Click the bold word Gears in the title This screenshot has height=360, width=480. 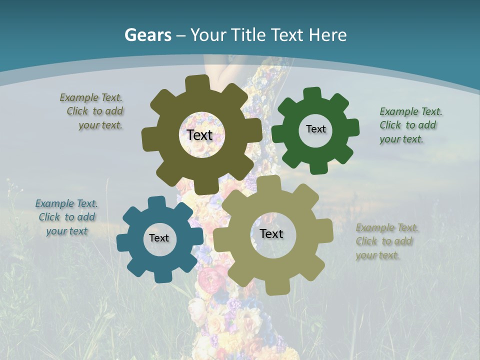(x=147, y=35)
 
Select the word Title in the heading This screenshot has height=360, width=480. (x=248, y=35)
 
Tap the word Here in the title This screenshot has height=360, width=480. (x=327, y=35)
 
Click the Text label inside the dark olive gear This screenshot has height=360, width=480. (x=199, y=135)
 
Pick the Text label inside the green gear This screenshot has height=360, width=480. (x=315, y=129)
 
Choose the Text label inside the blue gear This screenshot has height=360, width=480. (x=159, y=238)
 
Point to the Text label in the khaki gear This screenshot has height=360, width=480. (x=271, y=233)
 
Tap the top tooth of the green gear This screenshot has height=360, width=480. (x=312, y=93)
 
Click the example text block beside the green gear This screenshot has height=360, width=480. (x=410, y=125)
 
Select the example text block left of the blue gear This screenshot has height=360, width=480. (x=66, y=217)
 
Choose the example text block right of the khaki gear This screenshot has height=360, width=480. (x=387, y=241)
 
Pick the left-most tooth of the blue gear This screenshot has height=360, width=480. (x=123, y=242)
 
